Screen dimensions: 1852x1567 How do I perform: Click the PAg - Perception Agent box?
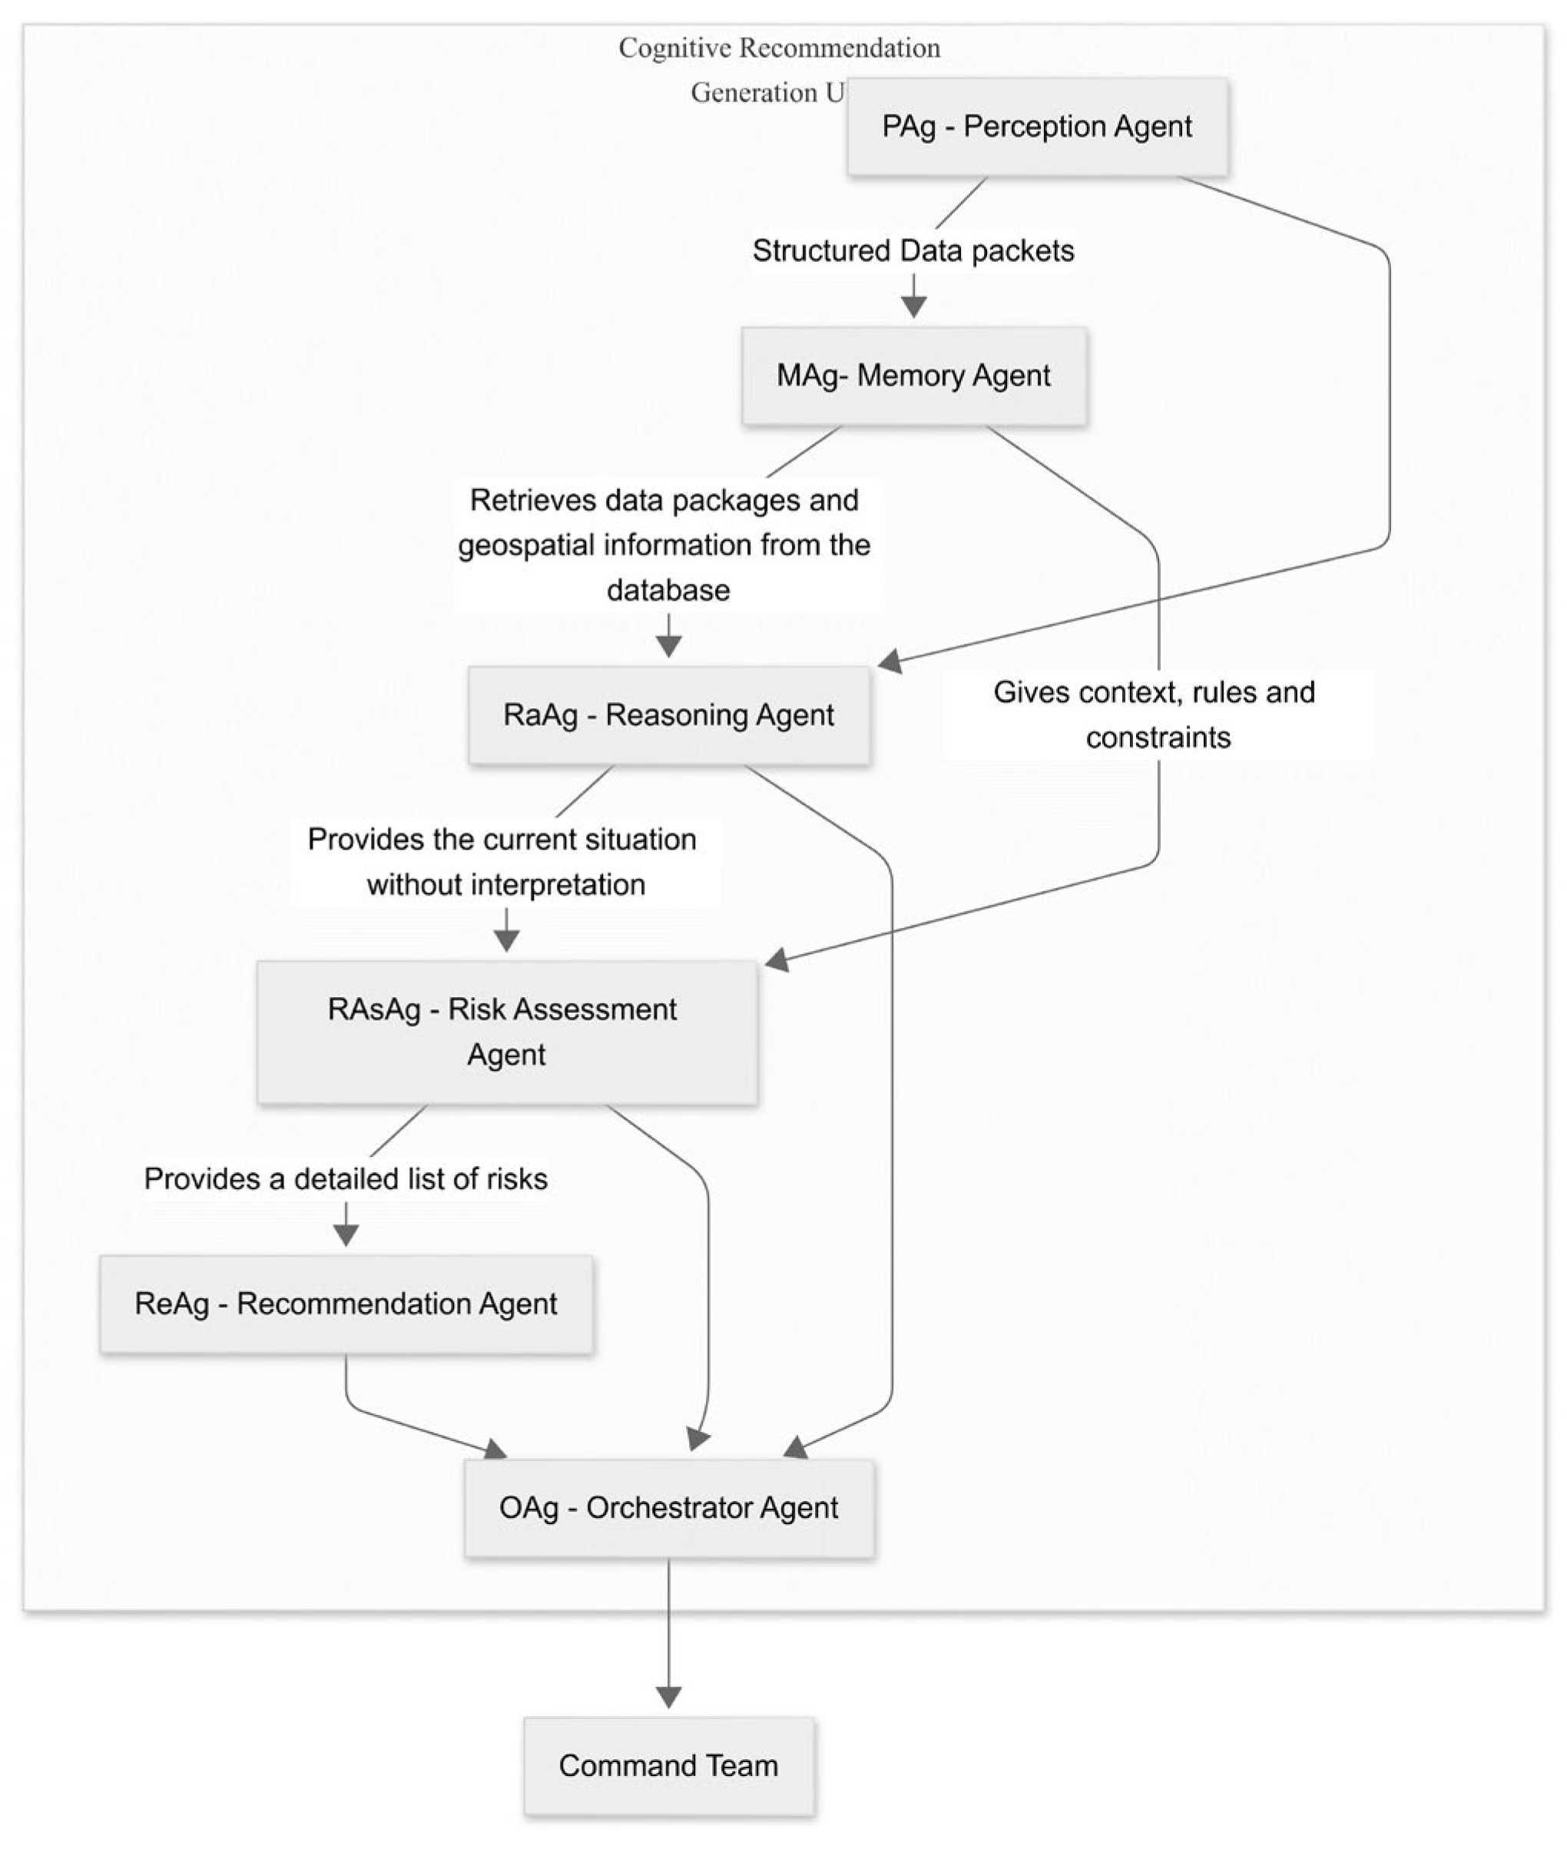(x=1037, y=126)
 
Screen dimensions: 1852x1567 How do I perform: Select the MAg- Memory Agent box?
(x=914, y=376)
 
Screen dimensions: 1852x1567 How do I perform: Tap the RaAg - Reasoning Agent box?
(x=669, y=715)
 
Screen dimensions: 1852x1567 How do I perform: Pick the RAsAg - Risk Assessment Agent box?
(x=506, y=1032)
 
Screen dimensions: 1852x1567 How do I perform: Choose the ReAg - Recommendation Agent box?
(x=346, y=1304)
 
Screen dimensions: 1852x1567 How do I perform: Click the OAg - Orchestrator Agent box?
(x=669, y=1508)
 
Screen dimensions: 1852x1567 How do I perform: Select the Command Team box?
(x=668, y=1766)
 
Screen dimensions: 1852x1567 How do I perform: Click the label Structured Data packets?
(x=913, y=250)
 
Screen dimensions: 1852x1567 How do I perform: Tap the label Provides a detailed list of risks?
(x=346, y=1178)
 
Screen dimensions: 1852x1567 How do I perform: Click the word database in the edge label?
(x=668, y=590)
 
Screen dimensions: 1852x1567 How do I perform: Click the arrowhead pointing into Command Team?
(x=668, y=1697)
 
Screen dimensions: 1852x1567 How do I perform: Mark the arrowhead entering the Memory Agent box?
(x=913, y=307)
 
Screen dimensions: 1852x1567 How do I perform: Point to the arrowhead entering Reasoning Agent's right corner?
(x=890, y=661)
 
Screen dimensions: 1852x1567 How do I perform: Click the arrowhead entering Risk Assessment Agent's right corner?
(x=777, y=959)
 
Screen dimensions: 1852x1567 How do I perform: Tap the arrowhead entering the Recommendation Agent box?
(x=346, y=1234)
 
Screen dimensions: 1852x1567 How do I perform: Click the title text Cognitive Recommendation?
(x=779, y=48)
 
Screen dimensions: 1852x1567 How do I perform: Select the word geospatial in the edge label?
(x=527, y=545)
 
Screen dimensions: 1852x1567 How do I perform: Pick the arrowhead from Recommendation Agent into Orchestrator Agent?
(x=495, y=1449)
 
